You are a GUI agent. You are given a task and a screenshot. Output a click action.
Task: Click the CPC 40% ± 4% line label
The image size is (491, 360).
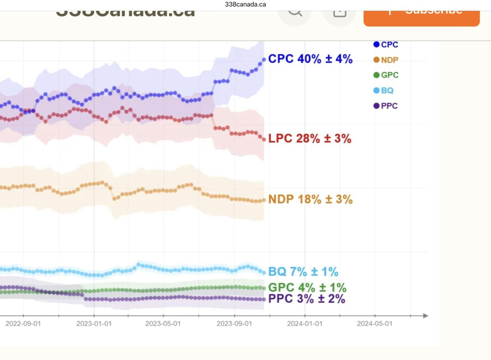(310, 59)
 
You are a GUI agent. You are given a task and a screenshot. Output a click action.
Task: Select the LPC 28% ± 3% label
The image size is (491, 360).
(310, 138)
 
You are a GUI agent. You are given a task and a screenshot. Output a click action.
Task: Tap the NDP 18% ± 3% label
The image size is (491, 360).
(310, 199)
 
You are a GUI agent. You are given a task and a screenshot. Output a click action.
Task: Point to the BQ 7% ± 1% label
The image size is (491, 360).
(303, 272)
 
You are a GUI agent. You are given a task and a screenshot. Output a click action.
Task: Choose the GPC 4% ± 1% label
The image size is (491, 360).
(307, 288)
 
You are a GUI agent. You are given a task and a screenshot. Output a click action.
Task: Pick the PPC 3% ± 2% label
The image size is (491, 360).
(306, 299)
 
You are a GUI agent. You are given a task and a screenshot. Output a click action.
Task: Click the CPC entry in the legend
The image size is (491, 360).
(385, 45)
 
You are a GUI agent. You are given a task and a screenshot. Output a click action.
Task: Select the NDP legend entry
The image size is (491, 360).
(385, 60)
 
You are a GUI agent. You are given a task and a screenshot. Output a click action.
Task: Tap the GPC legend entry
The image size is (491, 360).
(386, 75)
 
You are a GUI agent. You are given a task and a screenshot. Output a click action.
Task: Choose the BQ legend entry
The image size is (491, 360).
(383, 90)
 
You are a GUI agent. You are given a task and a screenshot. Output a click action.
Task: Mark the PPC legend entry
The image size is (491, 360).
(385, 106)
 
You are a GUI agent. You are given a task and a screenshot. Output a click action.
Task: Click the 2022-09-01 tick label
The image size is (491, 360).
(23, 324)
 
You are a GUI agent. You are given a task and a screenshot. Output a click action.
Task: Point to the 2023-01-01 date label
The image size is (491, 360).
(94, 324)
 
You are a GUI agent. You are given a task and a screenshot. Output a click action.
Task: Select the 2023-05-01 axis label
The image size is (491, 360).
(163, 324)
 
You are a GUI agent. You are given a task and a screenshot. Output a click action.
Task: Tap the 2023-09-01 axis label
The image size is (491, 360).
(234, 324)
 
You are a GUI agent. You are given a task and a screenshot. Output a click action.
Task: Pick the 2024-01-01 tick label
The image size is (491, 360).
(305, 324)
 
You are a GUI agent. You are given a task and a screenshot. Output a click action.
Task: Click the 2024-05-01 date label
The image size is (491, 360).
(375, 324)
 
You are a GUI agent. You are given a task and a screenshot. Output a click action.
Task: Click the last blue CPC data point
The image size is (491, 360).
(264, 60)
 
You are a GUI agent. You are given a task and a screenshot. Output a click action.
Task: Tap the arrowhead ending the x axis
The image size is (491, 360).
(426, 315)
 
